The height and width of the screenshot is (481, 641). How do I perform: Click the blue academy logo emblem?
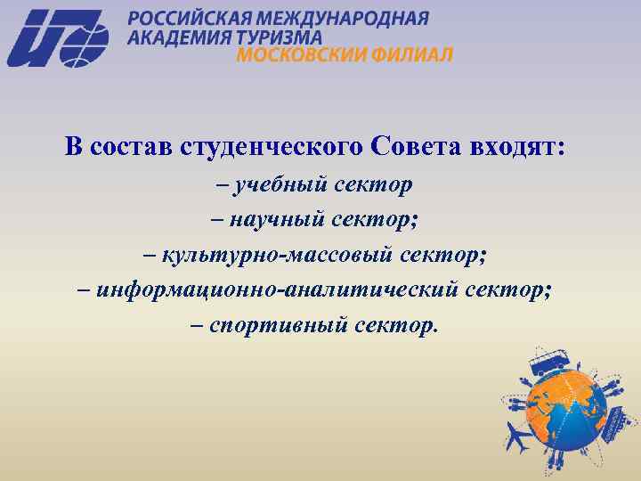pos(58,37)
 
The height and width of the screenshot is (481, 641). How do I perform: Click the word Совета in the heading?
pos(410,146)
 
